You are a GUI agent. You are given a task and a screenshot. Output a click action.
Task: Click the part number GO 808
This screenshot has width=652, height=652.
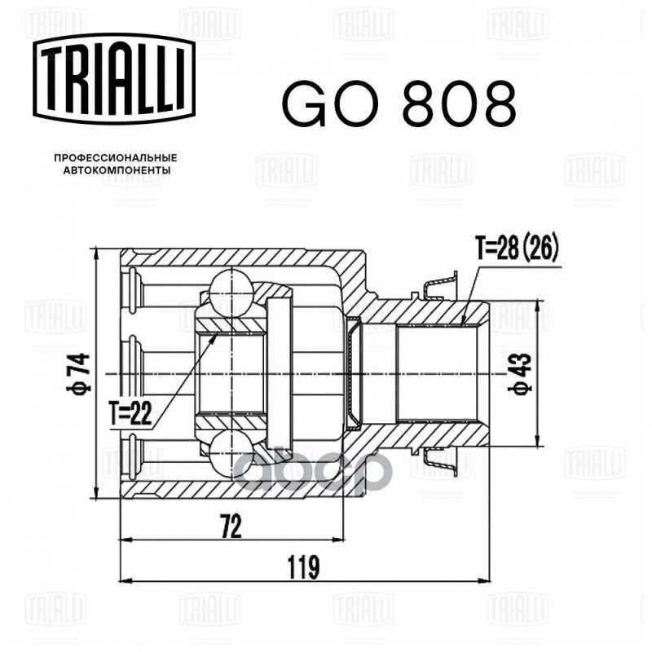coord(399,103)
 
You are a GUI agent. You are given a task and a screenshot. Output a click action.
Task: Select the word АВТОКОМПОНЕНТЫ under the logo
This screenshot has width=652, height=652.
coord(116,171)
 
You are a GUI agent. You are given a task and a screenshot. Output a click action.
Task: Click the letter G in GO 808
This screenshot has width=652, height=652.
coord(303,103)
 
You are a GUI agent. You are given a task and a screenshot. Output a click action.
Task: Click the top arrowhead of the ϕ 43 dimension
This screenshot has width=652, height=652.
coord(539,306)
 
